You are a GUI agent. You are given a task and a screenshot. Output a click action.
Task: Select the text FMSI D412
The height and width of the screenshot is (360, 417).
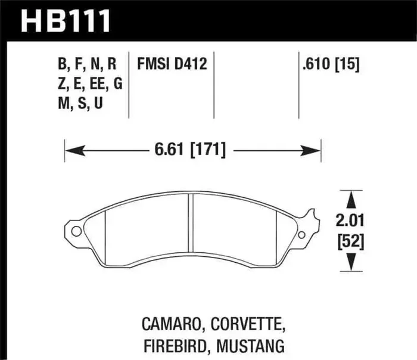tap(172, 64)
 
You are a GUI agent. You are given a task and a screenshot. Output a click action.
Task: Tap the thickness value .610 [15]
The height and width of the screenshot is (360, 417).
tap(330, 64)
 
